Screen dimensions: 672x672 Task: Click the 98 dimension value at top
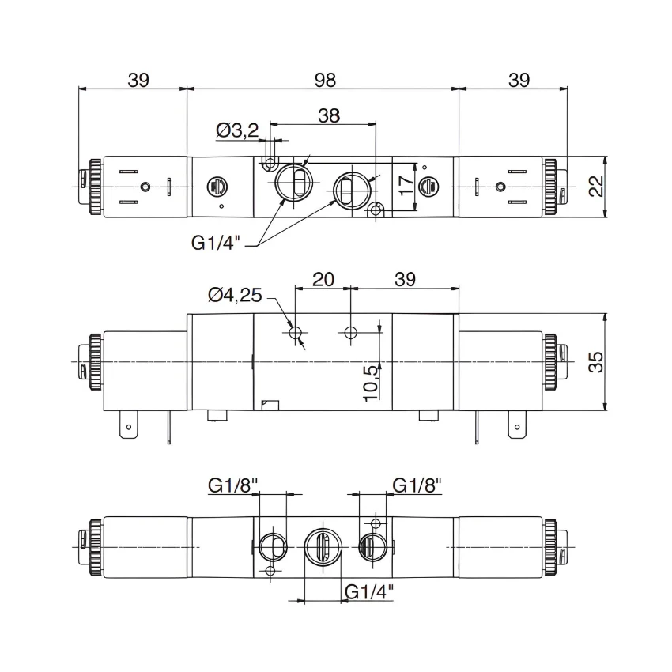(325, 80)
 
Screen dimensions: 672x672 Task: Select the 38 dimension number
(329, 115)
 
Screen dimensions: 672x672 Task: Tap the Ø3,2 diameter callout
(237, 130)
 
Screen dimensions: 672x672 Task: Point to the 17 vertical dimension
(406, 185)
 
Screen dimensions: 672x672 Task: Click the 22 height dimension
(596, 187)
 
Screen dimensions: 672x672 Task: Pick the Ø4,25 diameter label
(235, 296)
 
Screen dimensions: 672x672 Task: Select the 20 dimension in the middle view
(323, 279)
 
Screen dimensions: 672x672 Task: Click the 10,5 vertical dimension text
(371, 383)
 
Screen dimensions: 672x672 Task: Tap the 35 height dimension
(596, 362)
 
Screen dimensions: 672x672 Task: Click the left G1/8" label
(233, 485)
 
